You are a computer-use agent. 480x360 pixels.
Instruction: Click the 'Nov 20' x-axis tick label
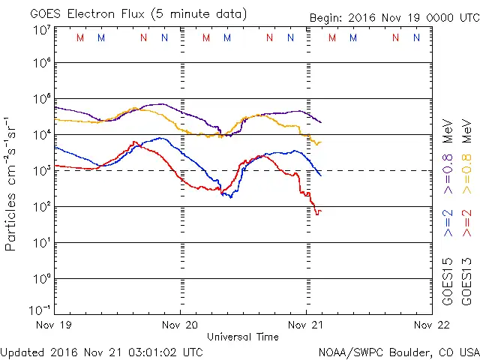point(180,325)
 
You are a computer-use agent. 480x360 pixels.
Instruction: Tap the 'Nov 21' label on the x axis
point(306,325)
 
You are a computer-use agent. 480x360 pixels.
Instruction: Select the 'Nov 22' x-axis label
point(431,325)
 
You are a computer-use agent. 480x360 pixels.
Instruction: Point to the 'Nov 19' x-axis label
point(55,325)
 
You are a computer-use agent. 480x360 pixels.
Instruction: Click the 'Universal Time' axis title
point(243,337)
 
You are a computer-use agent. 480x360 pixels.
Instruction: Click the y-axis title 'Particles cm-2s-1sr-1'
point(11,184)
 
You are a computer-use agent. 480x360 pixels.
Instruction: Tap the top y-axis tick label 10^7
point(40,30)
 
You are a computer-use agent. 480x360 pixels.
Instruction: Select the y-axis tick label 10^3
point(40,171)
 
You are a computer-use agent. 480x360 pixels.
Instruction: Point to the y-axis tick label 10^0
point(40,278)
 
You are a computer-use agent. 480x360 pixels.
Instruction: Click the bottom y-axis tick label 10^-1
point(39,310)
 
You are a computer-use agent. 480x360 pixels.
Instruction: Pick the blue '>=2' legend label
point(448,223)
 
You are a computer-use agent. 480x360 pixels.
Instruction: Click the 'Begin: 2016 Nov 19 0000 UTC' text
point(394,17)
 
